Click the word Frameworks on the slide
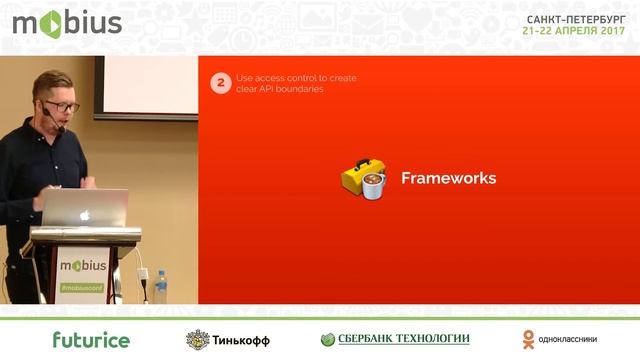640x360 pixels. pyautogui.click(x=448, y=179)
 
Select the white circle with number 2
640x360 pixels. pyautogui.click(x=221, y=84)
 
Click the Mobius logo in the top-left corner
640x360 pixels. pyautogui.click(x=66, y=24)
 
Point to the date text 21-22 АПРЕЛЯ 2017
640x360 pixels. pyautogui.click(x=575, y=31)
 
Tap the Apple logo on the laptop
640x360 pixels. pyautogui.click(x=86, y=213)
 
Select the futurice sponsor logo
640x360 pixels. pyautogui.click(x=91, y=339)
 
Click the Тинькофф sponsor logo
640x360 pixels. pyautogui.click(x=228, y=339)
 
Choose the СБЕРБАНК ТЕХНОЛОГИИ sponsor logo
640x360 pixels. pyautogui.click(x=395, y=339)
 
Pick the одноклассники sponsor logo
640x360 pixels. pyautogui.click(x=560, y=339)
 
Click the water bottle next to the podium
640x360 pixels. pyautogui.click(x=160, y=286)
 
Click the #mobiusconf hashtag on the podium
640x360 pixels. pyautogui.click(x=81, y=288)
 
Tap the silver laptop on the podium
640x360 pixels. pyautogui.click(x=85, y=208)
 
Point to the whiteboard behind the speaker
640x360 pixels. pyautogui.click(x=150, y=88)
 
